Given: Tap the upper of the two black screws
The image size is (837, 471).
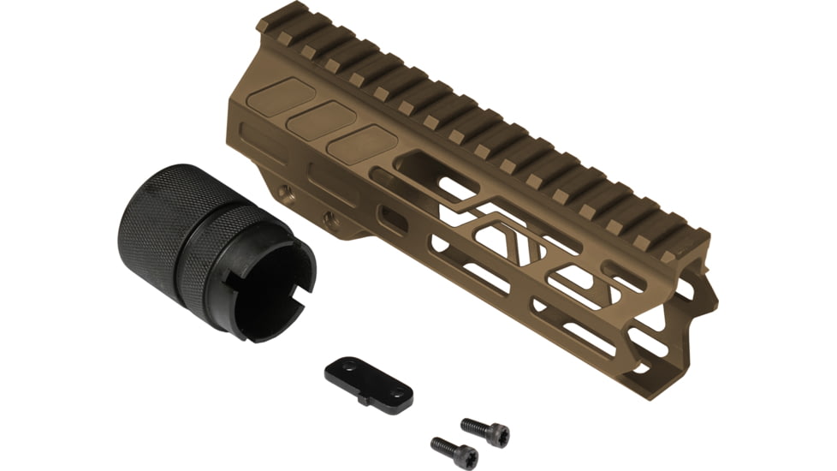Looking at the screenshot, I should (484, 430).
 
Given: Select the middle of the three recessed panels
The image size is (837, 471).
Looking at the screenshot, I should (321, 119).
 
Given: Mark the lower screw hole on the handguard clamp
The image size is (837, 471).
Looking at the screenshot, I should (328, 219).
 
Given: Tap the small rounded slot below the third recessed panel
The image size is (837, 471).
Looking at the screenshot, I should (392, 219).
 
